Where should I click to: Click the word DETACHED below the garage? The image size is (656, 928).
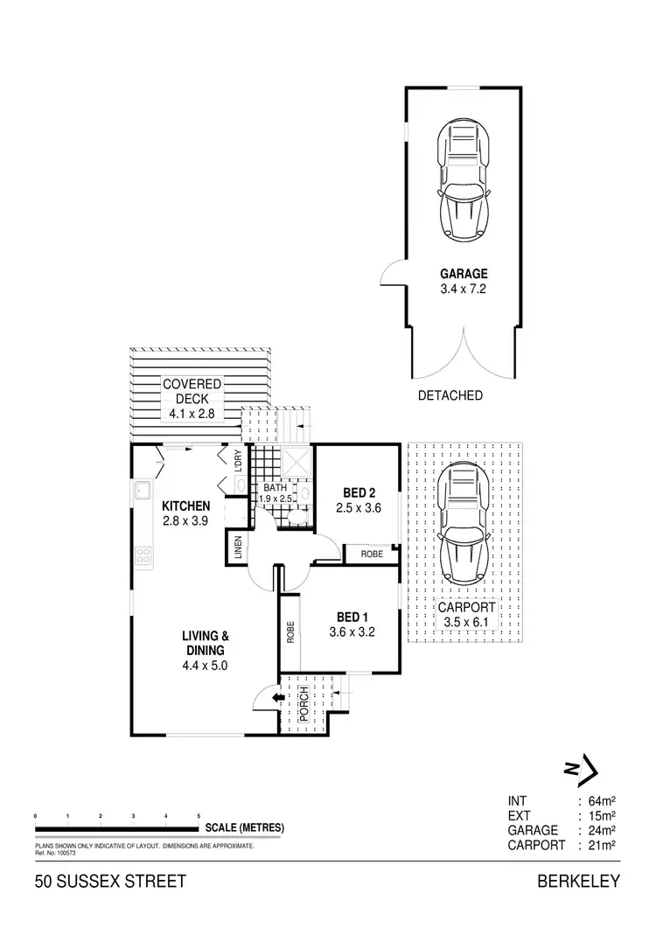[x=451, y=395]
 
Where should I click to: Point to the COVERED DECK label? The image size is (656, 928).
[x=191, y=392]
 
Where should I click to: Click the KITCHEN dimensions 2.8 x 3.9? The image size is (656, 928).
[x=185, y=520]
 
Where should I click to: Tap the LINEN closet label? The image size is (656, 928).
[x=237, y=549]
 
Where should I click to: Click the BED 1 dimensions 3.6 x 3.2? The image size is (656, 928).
[x=352, y=632]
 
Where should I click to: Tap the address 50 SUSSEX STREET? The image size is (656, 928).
[x=110, y=882]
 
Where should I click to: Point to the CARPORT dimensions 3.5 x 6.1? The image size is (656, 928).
[x=467, y=621]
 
